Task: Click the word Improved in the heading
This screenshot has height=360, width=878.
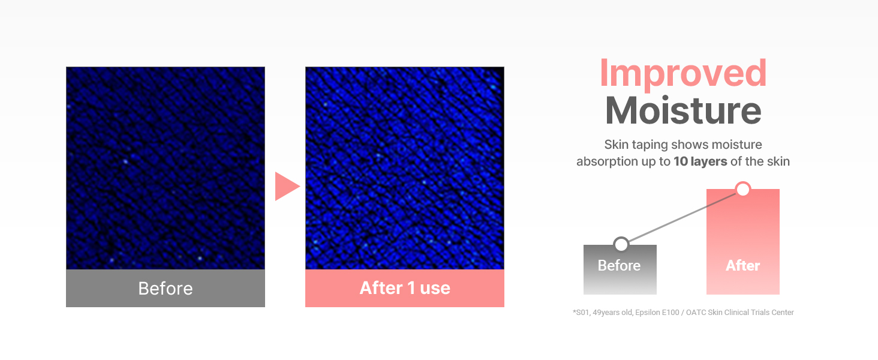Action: click(683, 73)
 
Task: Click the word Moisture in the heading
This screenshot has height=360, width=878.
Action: click(683, 111)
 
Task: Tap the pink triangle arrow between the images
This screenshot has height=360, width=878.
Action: click(286, 186)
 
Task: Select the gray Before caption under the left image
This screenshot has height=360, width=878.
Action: click(166, 288)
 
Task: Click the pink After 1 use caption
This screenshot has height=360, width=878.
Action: click(405, 288)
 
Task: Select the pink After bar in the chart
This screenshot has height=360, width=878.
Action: click(742, 240)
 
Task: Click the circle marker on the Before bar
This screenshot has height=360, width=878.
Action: click(621, 244)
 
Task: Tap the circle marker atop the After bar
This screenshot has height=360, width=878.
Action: click(743, 190)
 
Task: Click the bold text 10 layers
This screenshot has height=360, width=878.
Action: click(700, 161)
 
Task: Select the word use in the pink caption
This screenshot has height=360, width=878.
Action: click(435, 288)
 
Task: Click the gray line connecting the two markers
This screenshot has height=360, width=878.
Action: click(682, 217)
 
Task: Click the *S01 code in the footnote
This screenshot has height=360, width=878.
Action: click(581, 313)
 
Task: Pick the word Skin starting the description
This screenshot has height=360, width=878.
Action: click(617, 145)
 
